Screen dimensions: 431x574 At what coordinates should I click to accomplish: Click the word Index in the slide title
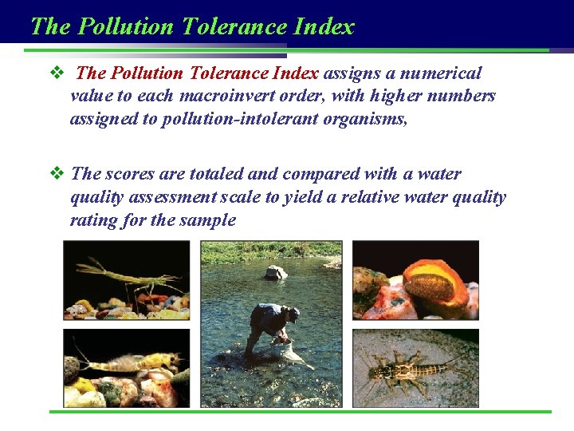[323, 26]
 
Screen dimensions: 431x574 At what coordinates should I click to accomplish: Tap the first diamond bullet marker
[56, 73]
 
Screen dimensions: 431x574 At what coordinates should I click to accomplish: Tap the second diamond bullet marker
[56, 174]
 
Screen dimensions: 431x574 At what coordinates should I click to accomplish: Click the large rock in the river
[276, 272]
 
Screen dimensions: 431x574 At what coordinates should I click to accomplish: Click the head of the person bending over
[293, 314]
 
